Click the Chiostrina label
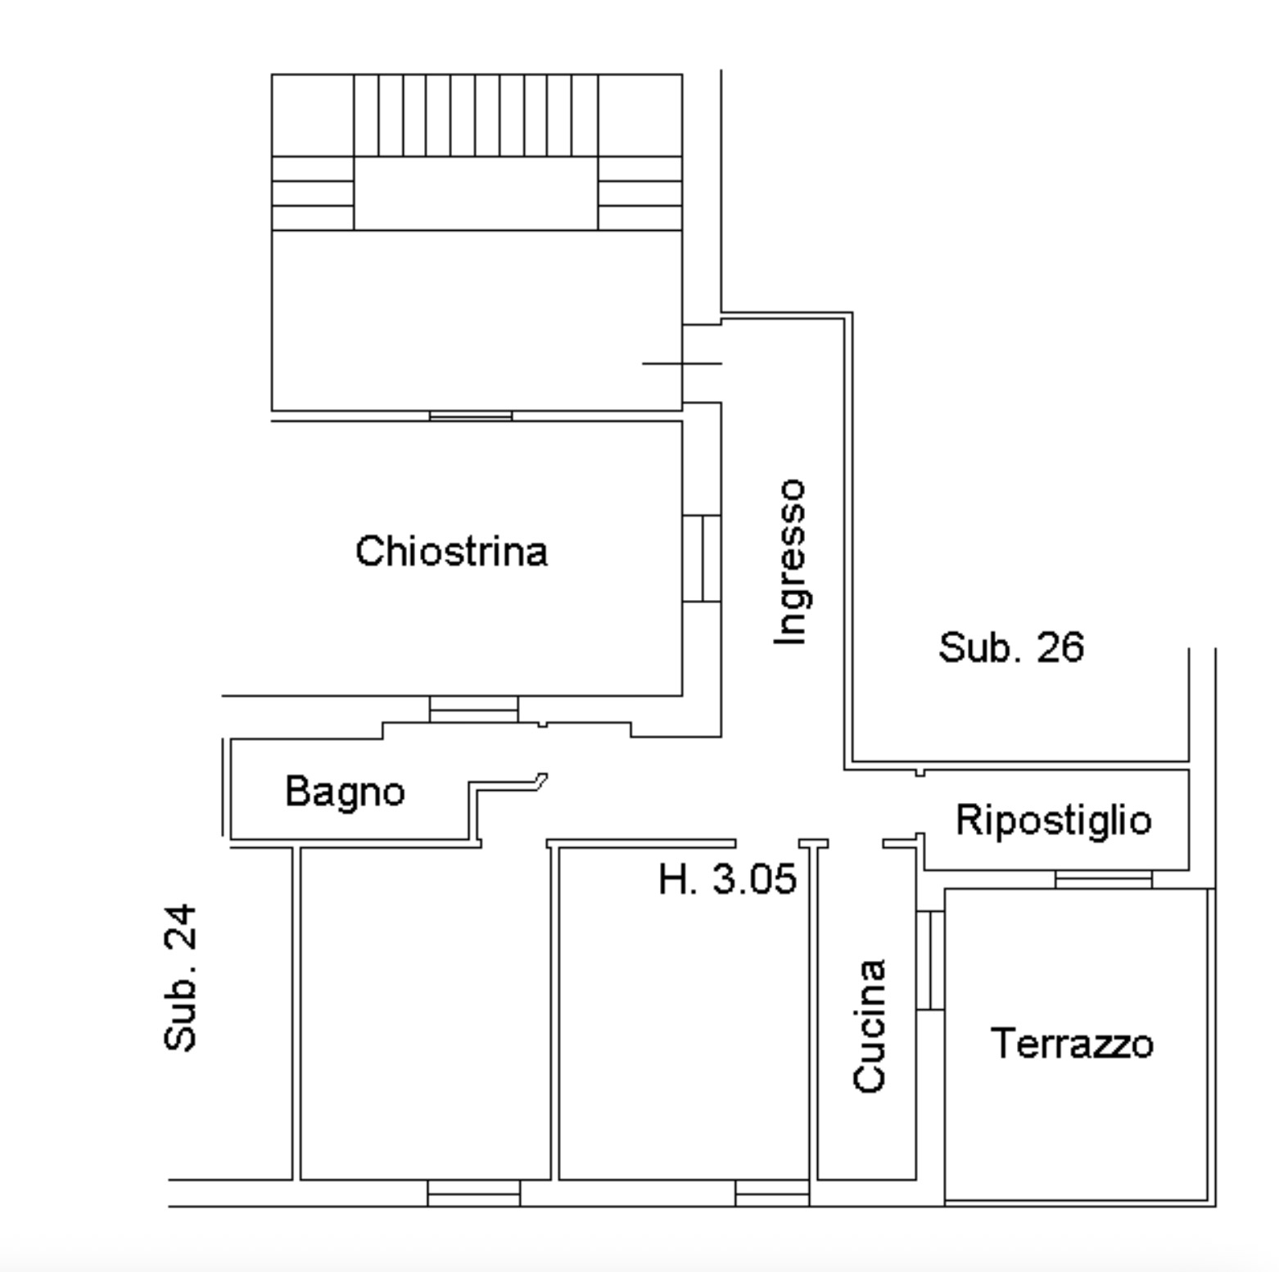(x=451, y=551)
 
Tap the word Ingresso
(x=791, y=562)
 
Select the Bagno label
(x=345, y=792)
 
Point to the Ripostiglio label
(x=1054, y=819)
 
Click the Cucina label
(x=870, y=1026)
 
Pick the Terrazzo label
(x=1072, y=1044)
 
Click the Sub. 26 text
(x=1011, y=647)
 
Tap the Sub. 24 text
(x=181, y=977)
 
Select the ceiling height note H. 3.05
(x=727, y=879)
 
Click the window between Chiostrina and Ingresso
(x=702, y=558)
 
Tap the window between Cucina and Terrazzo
(x=930, y=960)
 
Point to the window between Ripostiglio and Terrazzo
(x=1104, y=880)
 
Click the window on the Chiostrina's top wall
(x=471, y=416)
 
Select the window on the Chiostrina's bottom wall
(x=474, y=709)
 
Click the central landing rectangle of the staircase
(x=476, y=193)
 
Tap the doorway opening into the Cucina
(x=856, y=843)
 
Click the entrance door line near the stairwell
(x=681, y=363)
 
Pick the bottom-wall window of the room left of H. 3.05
(x=474, y=1193)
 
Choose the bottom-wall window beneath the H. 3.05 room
(x=772, y=1193)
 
